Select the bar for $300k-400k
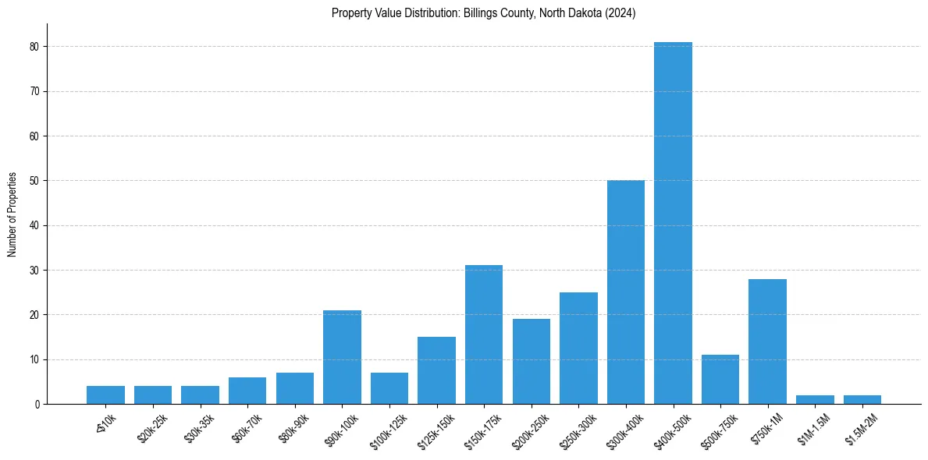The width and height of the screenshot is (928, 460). (x=626, y=292)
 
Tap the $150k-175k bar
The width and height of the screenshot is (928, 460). (x=484, y=334)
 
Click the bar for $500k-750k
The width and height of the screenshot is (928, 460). (x=720, y=380)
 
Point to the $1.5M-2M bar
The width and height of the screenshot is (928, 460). (x=862, y=400)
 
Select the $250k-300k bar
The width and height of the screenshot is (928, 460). (x=578, y=349)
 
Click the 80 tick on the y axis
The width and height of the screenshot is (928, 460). (x=35, y=47)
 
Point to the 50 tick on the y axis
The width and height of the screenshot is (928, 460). (x=35, y=181)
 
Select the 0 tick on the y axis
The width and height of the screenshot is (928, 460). (x=37, y=405)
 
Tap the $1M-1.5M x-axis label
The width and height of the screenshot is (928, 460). (x=811, y=427)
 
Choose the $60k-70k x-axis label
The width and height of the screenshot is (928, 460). (x=244, y=426)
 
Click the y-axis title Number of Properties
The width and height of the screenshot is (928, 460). (x=12, y=214)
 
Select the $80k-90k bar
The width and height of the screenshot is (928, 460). (x=295, y=388)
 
